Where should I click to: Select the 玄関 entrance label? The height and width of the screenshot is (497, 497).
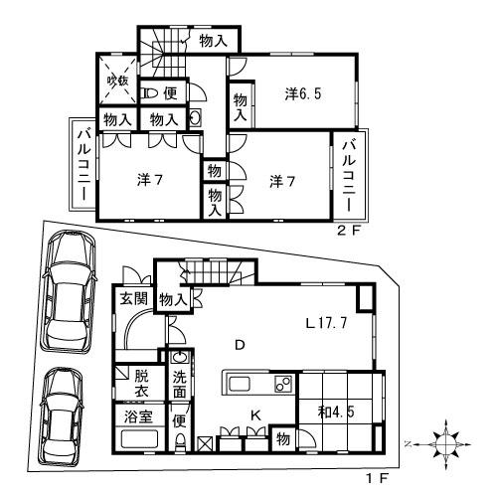tap(133, 298)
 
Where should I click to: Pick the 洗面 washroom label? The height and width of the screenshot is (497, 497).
tap(179, 383)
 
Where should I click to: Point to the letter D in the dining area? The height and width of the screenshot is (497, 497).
tap(239, 345)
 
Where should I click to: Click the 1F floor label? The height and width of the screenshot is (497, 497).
tap(377, 479)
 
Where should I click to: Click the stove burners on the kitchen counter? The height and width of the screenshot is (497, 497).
tap(282, 384)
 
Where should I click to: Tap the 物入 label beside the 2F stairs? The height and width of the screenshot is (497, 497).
tap(211, 41)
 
